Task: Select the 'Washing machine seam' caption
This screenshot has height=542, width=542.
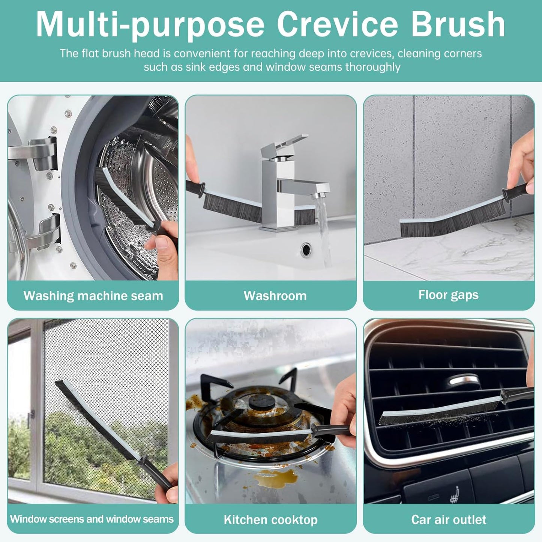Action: [x=93, y=296]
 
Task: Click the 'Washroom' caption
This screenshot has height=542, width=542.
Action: [x=275, y=296]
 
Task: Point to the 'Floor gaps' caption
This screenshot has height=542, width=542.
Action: [x=448, y=295]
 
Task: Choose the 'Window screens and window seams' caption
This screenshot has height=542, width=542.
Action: [x=92, y=519]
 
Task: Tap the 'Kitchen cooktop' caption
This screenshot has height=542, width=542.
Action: [x=270, y=519]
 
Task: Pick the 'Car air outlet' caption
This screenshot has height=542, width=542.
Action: [x=449, y=519]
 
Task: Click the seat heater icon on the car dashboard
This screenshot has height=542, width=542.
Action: [x=455, y=494]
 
